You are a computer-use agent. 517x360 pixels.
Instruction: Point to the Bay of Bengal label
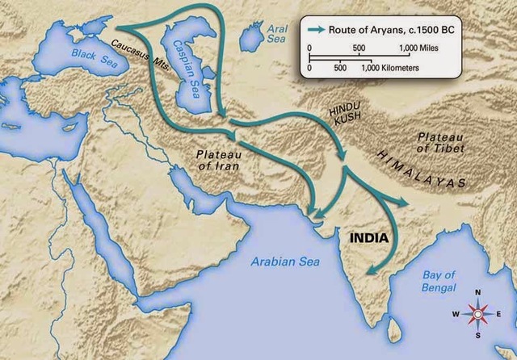point(439,282)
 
